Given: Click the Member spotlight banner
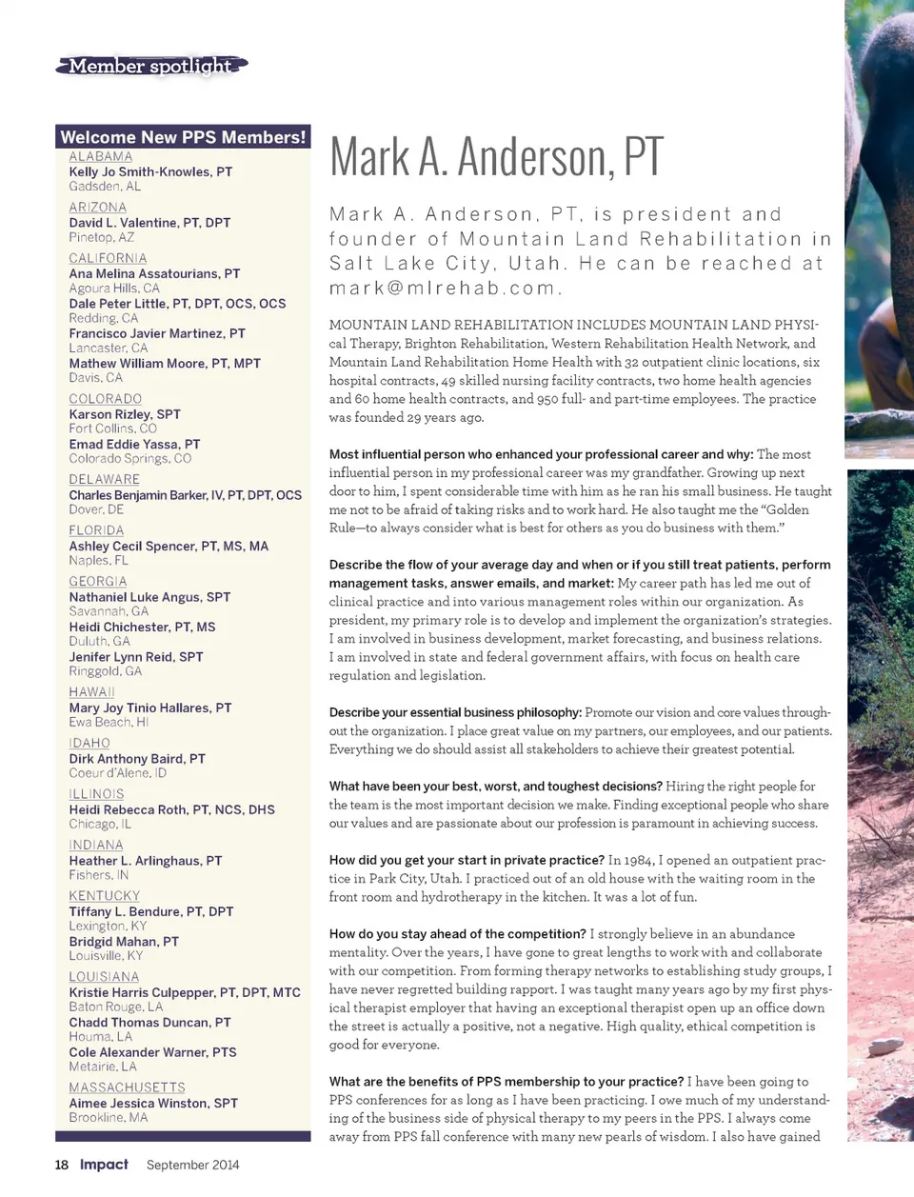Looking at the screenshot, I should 150,66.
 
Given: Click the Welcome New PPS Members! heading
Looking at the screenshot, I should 184,137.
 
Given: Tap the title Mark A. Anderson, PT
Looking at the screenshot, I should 496,157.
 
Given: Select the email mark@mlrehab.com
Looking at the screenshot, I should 444,288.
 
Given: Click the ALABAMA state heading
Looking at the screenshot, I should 101,157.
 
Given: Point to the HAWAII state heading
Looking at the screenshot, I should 92,692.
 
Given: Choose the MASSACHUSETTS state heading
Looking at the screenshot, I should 127,1087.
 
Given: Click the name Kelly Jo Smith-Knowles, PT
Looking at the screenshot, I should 150,172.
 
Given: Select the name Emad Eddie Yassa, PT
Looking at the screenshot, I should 134,445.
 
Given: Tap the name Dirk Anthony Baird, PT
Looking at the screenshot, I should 137,759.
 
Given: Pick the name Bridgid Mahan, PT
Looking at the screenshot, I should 124,942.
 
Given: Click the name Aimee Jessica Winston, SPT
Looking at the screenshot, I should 153,1104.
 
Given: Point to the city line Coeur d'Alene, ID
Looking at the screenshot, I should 117,773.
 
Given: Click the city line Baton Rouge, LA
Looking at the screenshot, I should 115,1007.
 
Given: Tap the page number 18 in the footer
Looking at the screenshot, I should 62,1165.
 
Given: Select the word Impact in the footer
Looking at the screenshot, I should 104,1165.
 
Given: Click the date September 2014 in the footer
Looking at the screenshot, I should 192,1165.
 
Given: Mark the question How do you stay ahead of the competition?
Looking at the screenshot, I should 457,934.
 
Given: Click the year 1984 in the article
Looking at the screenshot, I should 642,861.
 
